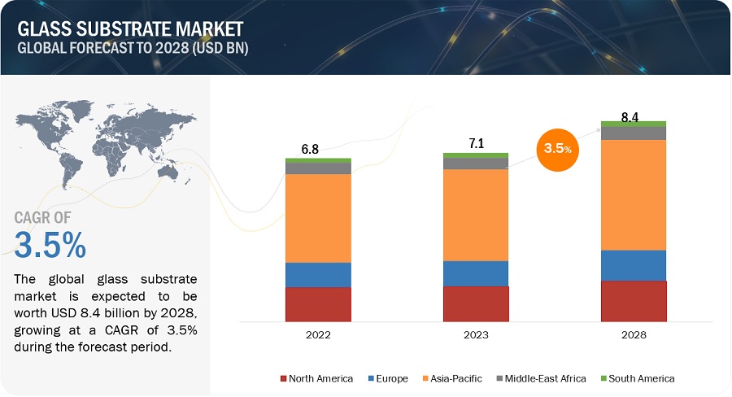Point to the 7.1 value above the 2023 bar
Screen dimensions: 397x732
pos(476,144)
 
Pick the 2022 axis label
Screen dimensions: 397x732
pos(318,334)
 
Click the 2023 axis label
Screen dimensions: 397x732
pos(476,334)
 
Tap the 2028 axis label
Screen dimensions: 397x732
pos(634,334)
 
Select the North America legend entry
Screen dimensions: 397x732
pos(317,378)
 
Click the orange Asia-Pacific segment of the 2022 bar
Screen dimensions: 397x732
pos(318,218)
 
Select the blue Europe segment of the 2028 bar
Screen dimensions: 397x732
pos(634,265)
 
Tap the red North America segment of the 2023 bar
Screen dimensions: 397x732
pos(476,303)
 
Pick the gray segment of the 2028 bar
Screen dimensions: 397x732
pos(634,133)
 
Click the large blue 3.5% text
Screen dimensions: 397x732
pos(50,245)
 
